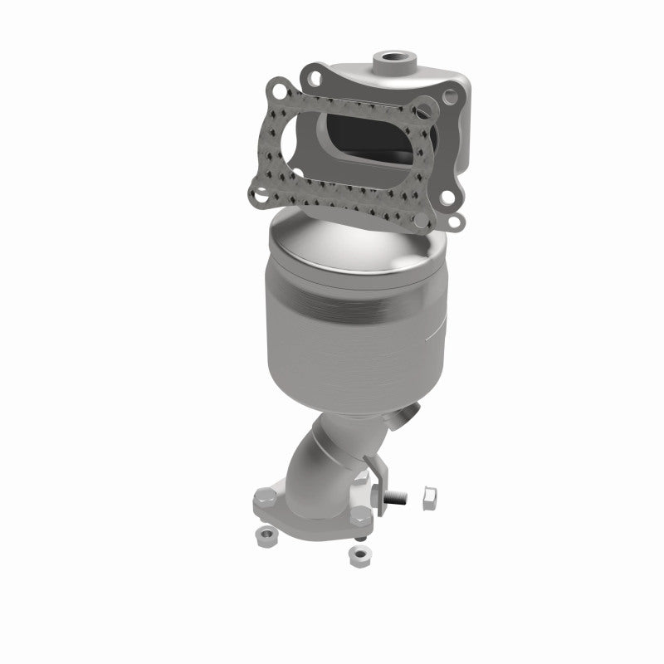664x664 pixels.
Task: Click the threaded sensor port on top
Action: pos(393,60)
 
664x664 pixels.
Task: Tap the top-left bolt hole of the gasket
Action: pos(279,85)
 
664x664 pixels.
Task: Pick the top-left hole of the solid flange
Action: pos(313,76)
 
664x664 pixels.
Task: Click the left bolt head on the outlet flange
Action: pos(259,500)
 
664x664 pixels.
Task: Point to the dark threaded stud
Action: pos(399,500)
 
